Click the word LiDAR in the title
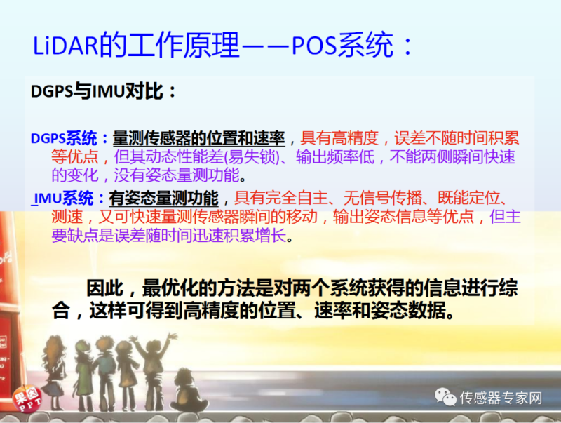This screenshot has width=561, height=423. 65,46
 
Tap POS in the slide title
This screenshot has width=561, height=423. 314,46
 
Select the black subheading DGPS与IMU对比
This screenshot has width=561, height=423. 103,91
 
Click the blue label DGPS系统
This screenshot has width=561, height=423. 64,138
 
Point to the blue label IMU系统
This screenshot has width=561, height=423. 63,198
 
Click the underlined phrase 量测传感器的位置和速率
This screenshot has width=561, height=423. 199,138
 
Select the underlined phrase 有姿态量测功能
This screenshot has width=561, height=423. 164,198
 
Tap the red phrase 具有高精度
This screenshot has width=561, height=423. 339,137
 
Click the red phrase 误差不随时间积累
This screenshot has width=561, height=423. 457,137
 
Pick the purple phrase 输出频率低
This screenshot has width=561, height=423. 335,156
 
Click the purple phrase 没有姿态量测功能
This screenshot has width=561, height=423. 177,175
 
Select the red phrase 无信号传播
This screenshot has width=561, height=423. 382,198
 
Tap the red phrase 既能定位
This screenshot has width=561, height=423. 468,198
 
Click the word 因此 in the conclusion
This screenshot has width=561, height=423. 104,288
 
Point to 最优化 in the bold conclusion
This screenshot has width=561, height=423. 170,288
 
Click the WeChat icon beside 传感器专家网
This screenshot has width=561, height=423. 445,397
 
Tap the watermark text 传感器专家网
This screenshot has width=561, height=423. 501,398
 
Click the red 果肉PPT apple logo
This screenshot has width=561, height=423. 27,398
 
